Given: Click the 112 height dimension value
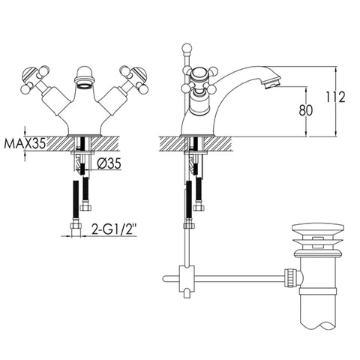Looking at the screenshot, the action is click(335, 97).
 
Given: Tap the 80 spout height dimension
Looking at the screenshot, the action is click(306, 110).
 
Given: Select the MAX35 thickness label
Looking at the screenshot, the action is click(25, 143).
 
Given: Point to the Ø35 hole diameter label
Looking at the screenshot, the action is click(109, 163).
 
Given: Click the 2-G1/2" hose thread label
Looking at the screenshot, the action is click(114, 229).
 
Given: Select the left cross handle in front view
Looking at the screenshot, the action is click(34, 79).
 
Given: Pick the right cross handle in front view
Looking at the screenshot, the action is click(134, 79).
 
